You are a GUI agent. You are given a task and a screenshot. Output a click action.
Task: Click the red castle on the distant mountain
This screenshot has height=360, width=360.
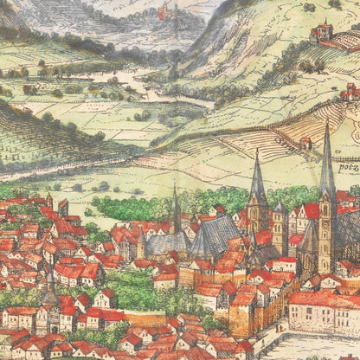163,11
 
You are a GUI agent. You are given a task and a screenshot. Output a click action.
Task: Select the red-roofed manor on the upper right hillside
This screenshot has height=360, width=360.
322,33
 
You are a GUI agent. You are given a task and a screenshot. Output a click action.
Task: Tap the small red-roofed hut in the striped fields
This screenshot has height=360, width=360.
305,142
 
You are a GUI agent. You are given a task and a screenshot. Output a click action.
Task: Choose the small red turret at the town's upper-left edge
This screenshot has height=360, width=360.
49,201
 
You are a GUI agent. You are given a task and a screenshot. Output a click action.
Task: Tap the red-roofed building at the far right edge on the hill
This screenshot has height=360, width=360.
350,91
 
